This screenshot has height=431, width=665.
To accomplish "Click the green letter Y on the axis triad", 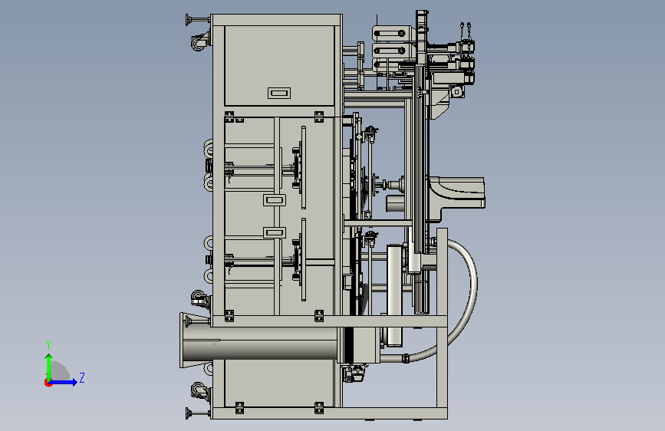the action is pyautogui.click(x=48, y=344).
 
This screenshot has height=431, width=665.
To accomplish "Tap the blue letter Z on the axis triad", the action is pyautogui.click(x=82, y=377).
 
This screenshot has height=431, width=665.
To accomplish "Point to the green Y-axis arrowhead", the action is pyautogui.click(x=49, y=358).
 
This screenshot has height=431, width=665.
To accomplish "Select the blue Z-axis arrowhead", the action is pyautogui.click(x=74, y=382).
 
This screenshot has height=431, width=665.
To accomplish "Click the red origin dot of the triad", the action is pyautogui.click(x=48, y=383).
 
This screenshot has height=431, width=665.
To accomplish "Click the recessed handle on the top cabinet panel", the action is pyautogui.click(x=279, y=93).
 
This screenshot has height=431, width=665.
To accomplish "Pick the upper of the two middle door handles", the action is pyautogui.click(x=275, y=200).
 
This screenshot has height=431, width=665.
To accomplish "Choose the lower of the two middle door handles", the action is pyautogui.click(x=275, y=232).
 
